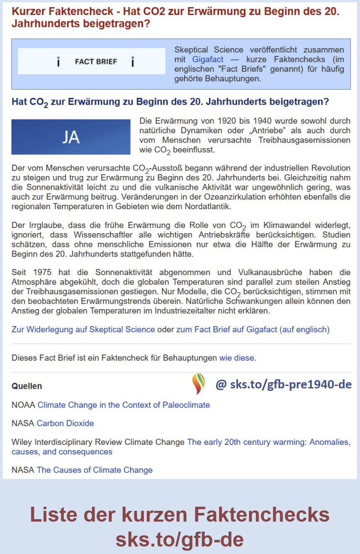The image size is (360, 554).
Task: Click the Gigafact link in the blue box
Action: click(207, 59)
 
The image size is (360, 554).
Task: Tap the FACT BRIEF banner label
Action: click(96, 62)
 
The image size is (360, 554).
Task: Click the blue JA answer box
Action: click(71, 137)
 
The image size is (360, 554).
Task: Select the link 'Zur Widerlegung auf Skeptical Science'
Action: click(83, 329)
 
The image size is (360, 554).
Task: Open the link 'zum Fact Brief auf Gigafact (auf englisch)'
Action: click(253, 329)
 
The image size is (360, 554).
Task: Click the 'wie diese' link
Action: click(236, 358)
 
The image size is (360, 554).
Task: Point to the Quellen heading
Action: click(27, 386)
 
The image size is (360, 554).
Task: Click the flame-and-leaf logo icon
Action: click(198, 384)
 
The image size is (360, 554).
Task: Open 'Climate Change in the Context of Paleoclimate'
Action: click(124, 405)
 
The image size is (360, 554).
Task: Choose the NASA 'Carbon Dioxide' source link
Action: click(65, 423)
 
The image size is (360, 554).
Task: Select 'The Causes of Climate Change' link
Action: click(95, 470)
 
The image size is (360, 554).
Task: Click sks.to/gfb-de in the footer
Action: click(180, 539)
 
